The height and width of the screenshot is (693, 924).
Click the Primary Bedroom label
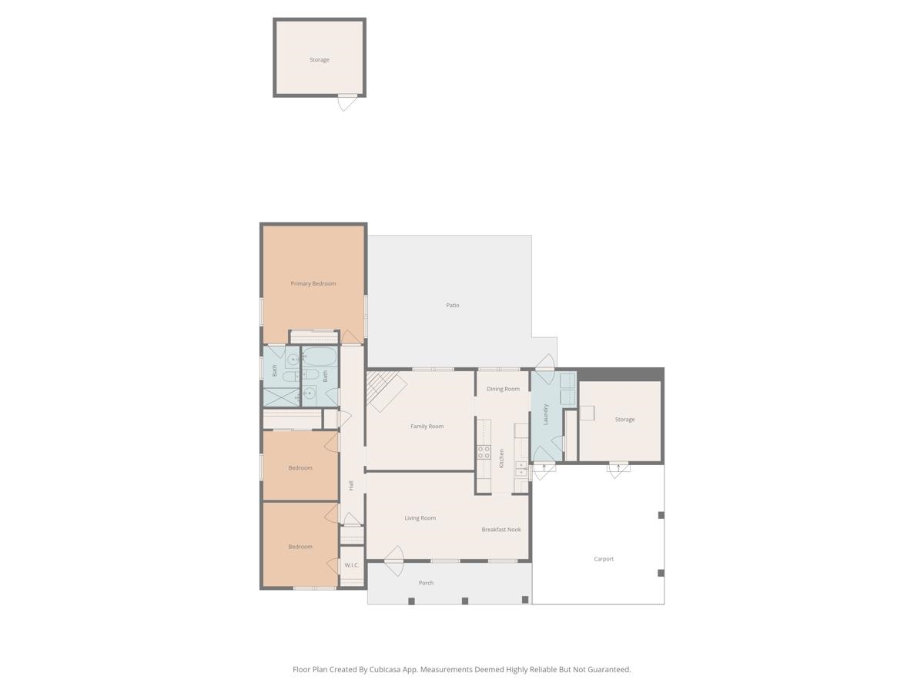[x=313, y=283]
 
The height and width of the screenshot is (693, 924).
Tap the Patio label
[x=453, y=305]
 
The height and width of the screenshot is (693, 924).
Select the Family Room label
[x=427, y=426]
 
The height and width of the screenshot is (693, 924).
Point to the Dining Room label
[x=503, y=389]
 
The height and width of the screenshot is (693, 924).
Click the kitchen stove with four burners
[x=484, y=452]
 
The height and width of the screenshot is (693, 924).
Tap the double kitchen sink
[x=521, y=468]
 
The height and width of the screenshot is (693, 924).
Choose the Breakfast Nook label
[x=501, y=530]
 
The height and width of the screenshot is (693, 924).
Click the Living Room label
[x=420, y=518]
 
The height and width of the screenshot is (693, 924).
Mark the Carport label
[x=604, y=559]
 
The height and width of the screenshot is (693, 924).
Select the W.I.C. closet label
[x=352, y=565]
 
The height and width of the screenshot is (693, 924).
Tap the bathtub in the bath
[x=319, y=357]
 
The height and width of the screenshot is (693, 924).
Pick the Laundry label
[x=546, y=414]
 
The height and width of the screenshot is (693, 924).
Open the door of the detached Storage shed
[x=346, y=102]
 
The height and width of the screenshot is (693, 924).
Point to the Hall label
[x=351, y=485]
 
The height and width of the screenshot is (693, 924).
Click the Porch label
[x=426, y=583]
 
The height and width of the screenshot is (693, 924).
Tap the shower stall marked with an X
[x=281, y=397]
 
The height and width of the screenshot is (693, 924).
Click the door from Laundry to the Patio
[x=544, y=363]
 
